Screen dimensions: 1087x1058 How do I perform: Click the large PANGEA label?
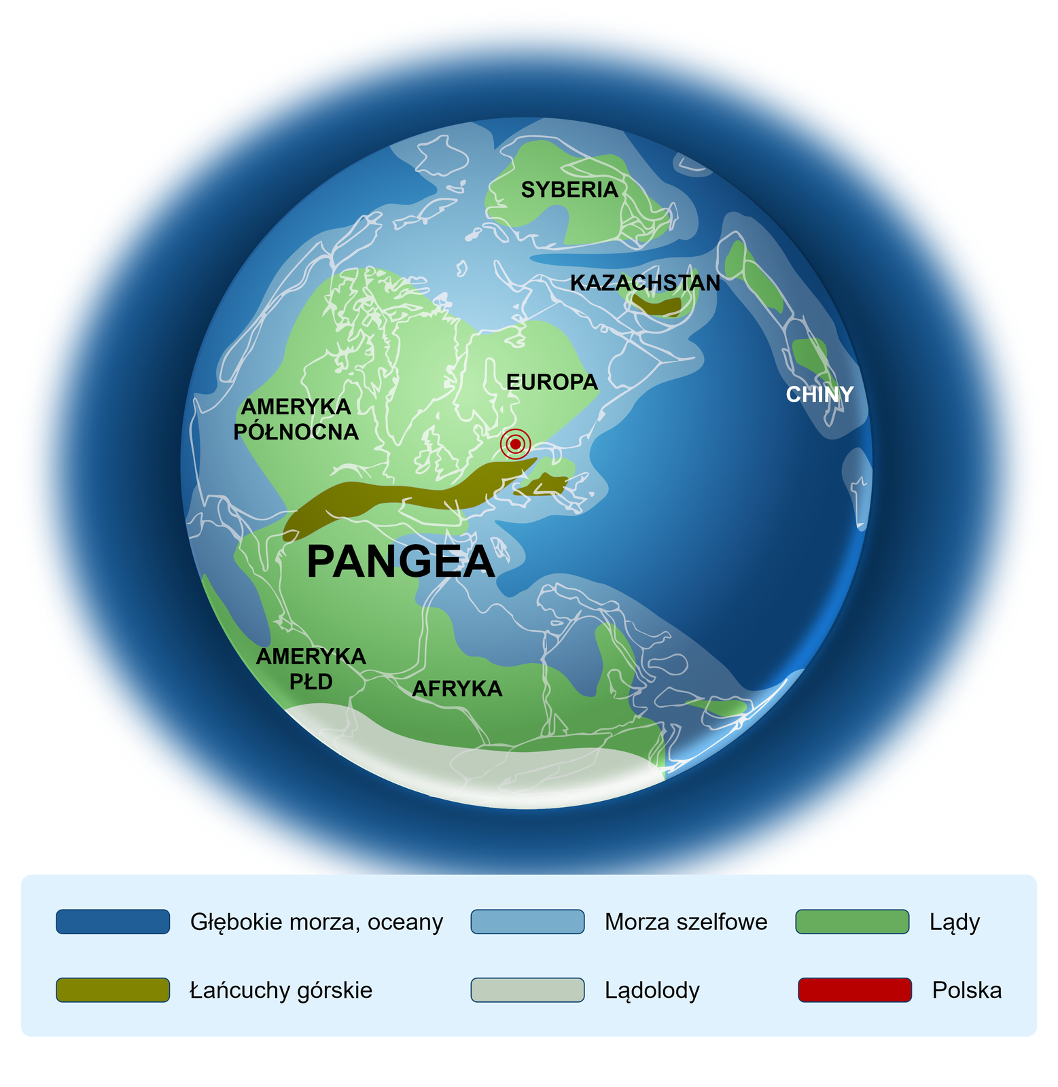(401, 562)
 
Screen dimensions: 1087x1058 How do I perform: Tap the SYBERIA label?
(569, 190)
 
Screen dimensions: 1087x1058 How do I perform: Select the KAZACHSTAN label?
(645, 283)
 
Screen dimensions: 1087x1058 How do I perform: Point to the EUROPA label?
(552, 382)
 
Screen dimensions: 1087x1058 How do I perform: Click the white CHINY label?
(819, 395)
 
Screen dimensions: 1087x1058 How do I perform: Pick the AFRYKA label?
(457, 689)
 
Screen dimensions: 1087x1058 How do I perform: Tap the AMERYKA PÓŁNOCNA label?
(296, 419)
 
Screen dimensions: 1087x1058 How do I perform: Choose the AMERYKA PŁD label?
(311, 669)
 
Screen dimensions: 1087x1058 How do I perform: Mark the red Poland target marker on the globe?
(515, 444)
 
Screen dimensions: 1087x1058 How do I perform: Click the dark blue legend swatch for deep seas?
(113, 922)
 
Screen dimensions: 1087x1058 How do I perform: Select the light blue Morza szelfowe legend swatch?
(527, 922)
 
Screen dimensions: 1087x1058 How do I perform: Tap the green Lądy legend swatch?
(852, 922)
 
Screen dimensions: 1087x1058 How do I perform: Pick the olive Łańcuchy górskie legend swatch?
(113, 990)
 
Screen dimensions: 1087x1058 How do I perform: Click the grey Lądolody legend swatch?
(527, 990)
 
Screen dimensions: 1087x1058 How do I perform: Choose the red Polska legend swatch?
(854, 990)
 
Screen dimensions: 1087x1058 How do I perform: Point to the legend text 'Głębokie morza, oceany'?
(317, 922)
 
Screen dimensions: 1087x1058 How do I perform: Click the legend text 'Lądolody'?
(652, 991)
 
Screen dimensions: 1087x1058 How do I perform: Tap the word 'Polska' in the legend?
(967, 991)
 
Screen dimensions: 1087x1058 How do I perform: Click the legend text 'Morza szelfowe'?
(686, 922)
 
